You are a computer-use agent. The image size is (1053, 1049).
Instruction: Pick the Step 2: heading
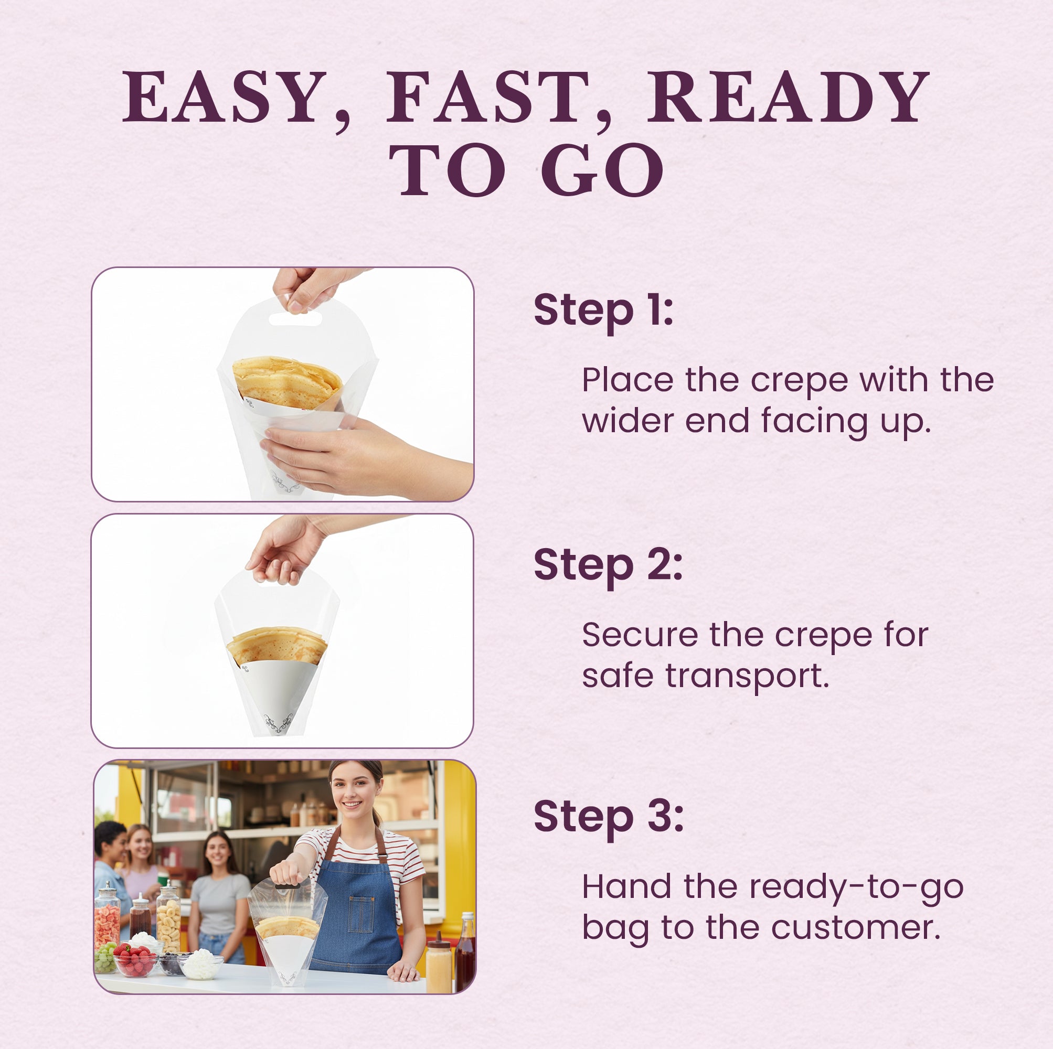pyautogui.click(x=608, y=565)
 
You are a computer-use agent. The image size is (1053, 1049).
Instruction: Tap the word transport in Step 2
pyautogui.click(x=746, y=676)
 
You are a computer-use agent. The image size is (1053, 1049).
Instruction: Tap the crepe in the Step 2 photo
pyautogui.click(x=276, y=645)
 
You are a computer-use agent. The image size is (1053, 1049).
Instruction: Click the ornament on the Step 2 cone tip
pyautogui.click(x=278, y=724)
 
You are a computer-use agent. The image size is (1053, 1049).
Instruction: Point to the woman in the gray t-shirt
pyautogui.click(x=219, y=894)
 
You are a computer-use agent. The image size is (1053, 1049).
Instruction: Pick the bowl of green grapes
pyautogui.click(x=105, y=957)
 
